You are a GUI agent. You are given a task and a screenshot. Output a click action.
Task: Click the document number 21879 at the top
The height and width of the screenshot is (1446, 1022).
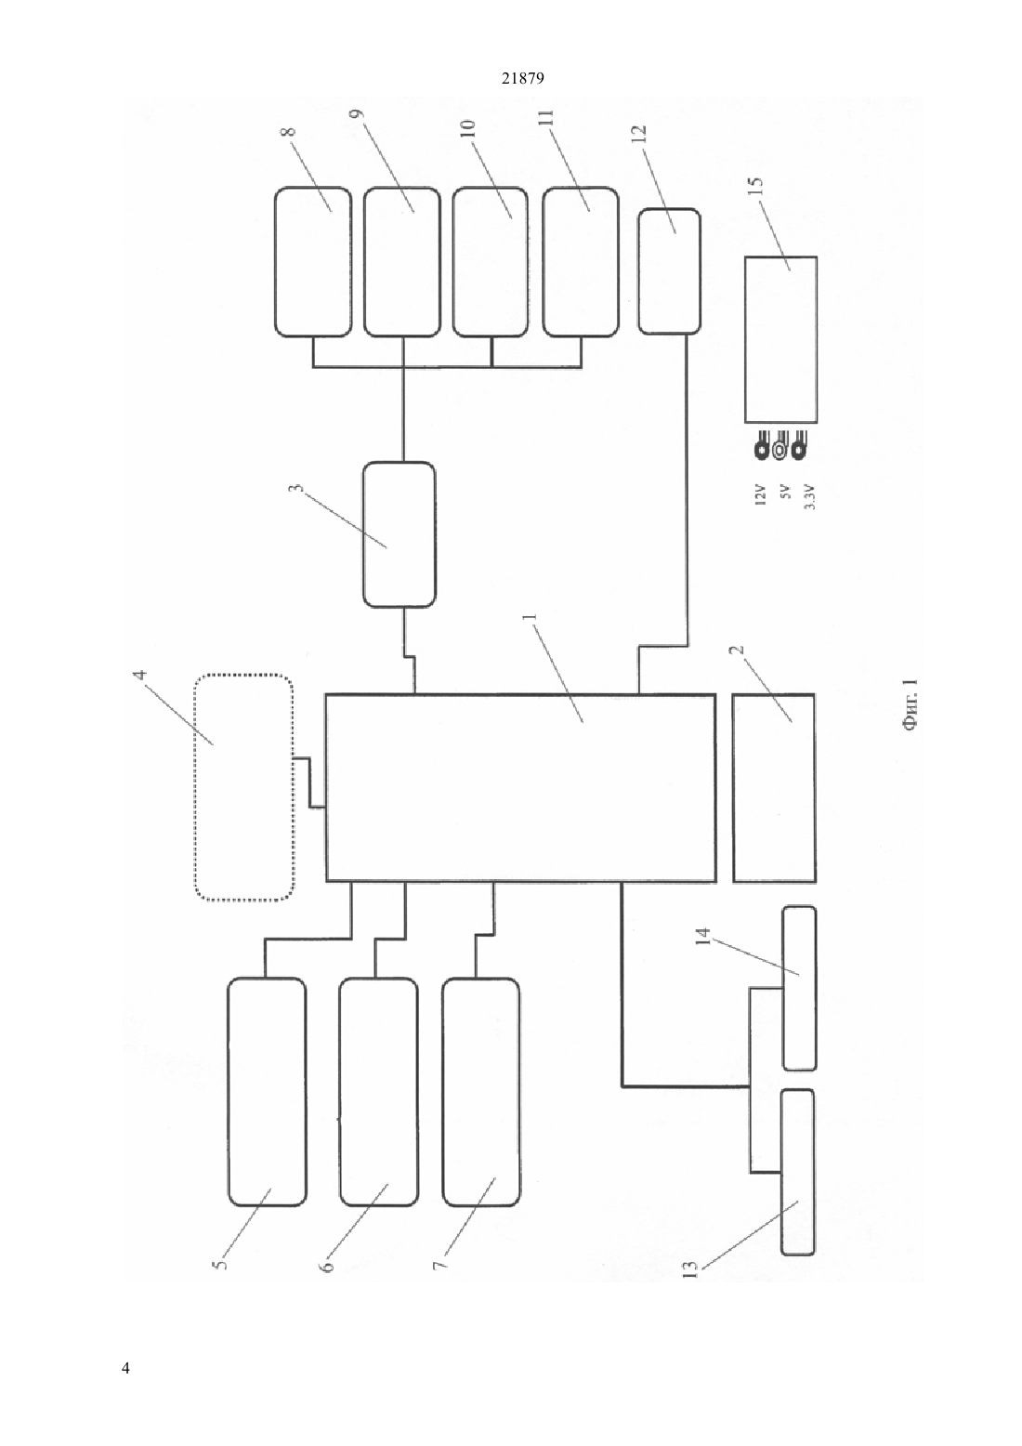[x=522, y=79]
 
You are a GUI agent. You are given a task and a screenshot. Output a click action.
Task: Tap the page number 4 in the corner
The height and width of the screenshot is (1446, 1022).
[x=125, y=1367]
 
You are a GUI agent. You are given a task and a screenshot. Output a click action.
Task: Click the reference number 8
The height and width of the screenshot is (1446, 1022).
[x=288, y=131]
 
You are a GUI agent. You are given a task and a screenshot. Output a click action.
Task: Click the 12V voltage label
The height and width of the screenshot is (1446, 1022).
[x=760, y=494]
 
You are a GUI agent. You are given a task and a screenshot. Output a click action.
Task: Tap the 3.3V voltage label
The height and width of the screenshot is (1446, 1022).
[x=810, y=496]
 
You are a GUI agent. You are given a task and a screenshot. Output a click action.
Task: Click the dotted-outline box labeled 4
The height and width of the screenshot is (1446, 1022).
[x=244, y=787]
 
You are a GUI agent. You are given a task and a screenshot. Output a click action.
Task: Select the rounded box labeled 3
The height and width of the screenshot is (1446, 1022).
[x=400, y=534]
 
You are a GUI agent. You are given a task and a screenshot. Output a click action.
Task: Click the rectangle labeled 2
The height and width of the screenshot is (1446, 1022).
[x=774, y=787]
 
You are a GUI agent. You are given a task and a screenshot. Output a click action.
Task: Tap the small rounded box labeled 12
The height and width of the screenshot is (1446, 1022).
[x=669, y=271]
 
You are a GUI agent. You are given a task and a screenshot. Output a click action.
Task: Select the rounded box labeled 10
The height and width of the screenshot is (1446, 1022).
[x=491, y=262]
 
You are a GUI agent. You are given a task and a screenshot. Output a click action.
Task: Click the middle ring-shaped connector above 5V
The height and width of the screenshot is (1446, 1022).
[x=780, y=449]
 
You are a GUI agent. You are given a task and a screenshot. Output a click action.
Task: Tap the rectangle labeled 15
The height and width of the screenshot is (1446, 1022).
[x=780, y=340]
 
